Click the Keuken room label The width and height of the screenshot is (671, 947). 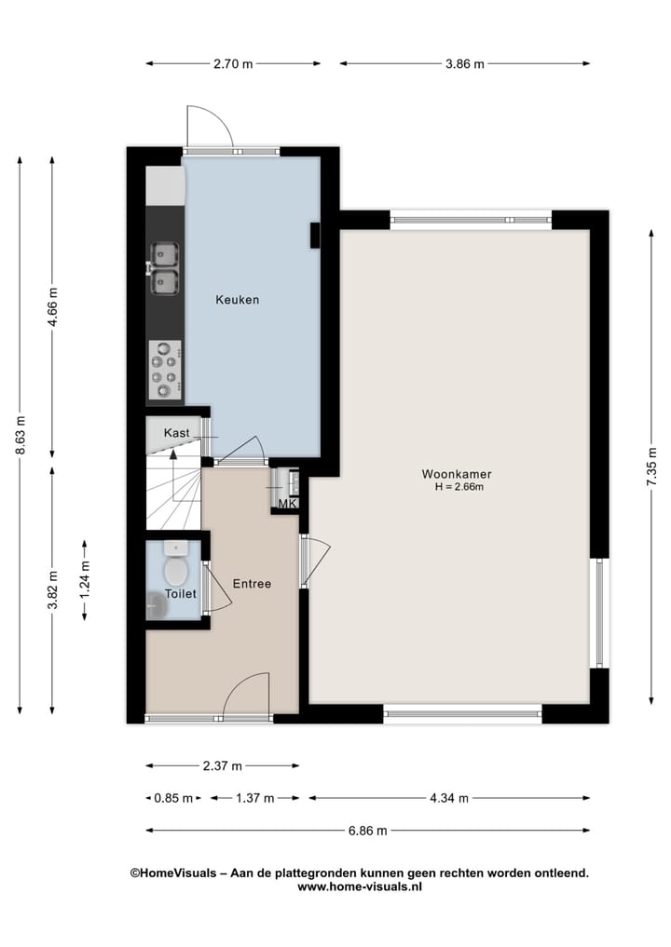[x=238, y=300]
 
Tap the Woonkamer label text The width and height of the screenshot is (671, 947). [x=457, y=474]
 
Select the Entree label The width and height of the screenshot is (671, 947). [x=252, y=584]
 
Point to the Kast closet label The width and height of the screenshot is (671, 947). [x=176, y=433]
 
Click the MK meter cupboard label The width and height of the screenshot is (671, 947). [x=288, y=503]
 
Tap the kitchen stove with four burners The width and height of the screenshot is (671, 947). [x=166, y=370]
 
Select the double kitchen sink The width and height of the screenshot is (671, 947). [x=164, y=269]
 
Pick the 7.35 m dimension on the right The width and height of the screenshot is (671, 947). [x=651, y=467]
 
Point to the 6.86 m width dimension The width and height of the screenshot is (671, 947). [x=367, y=831]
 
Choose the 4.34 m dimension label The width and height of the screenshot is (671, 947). [x=449, y=798]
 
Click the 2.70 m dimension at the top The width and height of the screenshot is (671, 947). [x=233, y=63]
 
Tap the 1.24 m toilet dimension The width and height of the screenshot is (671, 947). [x=85, y=580]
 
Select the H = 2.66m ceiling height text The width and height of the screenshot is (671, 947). [x=459, y=487]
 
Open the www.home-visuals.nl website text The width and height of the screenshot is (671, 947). [x=360, y=886]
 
